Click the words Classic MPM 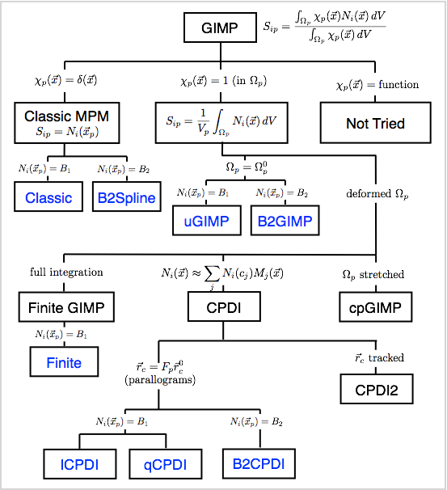[66, 116]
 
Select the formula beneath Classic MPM [66, 132]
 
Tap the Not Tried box [375, 123]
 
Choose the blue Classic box [48, 197]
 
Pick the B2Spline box [125, 197]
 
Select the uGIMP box [206, 221]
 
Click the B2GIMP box [285, 221]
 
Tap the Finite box [64, 362]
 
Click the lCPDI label [79, 465]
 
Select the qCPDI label [165, 465]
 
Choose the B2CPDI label [259, 464]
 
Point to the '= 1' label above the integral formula [221, 81]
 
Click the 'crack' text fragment [382, 357]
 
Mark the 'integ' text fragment [64, 272]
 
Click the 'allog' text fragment [157, 379]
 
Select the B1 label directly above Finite [74, 335]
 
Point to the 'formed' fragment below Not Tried [374, 194]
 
